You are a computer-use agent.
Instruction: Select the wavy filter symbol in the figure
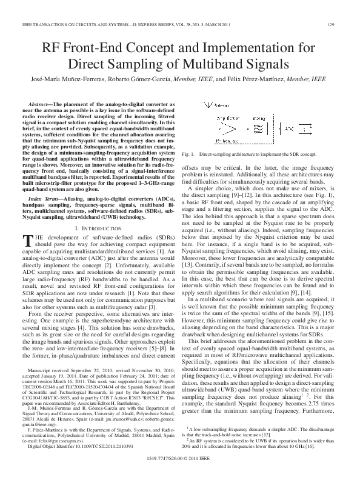coord(258,129)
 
